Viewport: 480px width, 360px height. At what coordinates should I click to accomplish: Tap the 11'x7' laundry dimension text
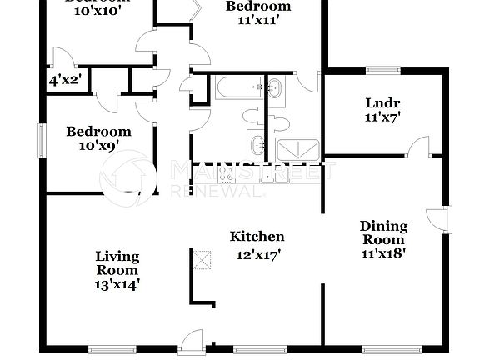(382, 117)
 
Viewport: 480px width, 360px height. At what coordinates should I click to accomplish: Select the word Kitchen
(257, 237)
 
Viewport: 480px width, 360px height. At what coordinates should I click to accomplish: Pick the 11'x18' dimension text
(383, 254)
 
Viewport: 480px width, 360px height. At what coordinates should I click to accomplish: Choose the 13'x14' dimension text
(117, 283)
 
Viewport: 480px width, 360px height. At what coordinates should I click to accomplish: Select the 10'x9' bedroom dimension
(98, 146)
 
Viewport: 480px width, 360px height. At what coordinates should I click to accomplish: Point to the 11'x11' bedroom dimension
(258, 21)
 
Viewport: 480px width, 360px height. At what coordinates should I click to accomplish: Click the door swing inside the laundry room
(421, 146)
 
